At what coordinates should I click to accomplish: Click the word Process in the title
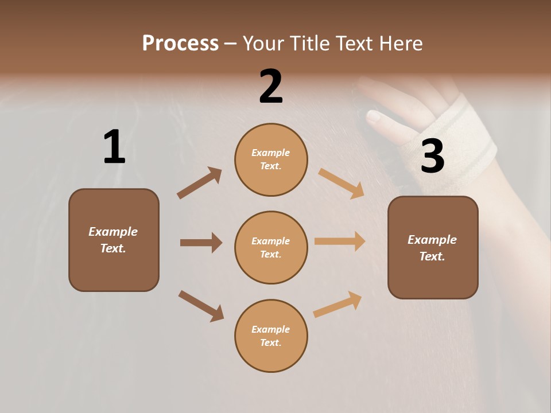pyautogui.click(x=180, y=44)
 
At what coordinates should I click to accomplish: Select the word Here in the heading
pyautogui.click(x=399, y=44)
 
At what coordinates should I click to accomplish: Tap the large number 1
pyautogui.click(x=114, y=147)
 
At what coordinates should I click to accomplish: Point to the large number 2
pyautogui.click(x=271, y=87)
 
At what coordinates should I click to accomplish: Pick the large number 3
pyautogui.click(x=432, y=156)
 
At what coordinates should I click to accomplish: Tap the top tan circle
pyautogui.click(x=271, y=159)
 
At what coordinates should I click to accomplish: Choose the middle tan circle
pyautogui.click(x=271, y=247)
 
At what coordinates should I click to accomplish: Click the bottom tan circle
pyautogui.click(x=271, y=336)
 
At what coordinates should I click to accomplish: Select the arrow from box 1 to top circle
pyautogui.click(x=200, y=183)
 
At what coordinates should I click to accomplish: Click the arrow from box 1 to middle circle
pyautogui.click(x=201, y=243)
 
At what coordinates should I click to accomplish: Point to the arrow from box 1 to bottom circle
pyautogui.click(x=201, y=306)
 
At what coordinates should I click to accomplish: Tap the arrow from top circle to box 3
pyautogui.click(x=342, y=183)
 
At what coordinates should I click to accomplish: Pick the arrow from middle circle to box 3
pyautogui.click(x=340, y=241)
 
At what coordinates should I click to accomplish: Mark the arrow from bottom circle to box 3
pyautogui.click(x=337, y=305)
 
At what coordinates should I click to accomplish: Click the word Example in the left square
pyautogui.click(x=113, y=232)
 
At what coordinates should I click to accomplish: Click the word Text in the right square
pyautogui.click(x=432, y=256)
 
